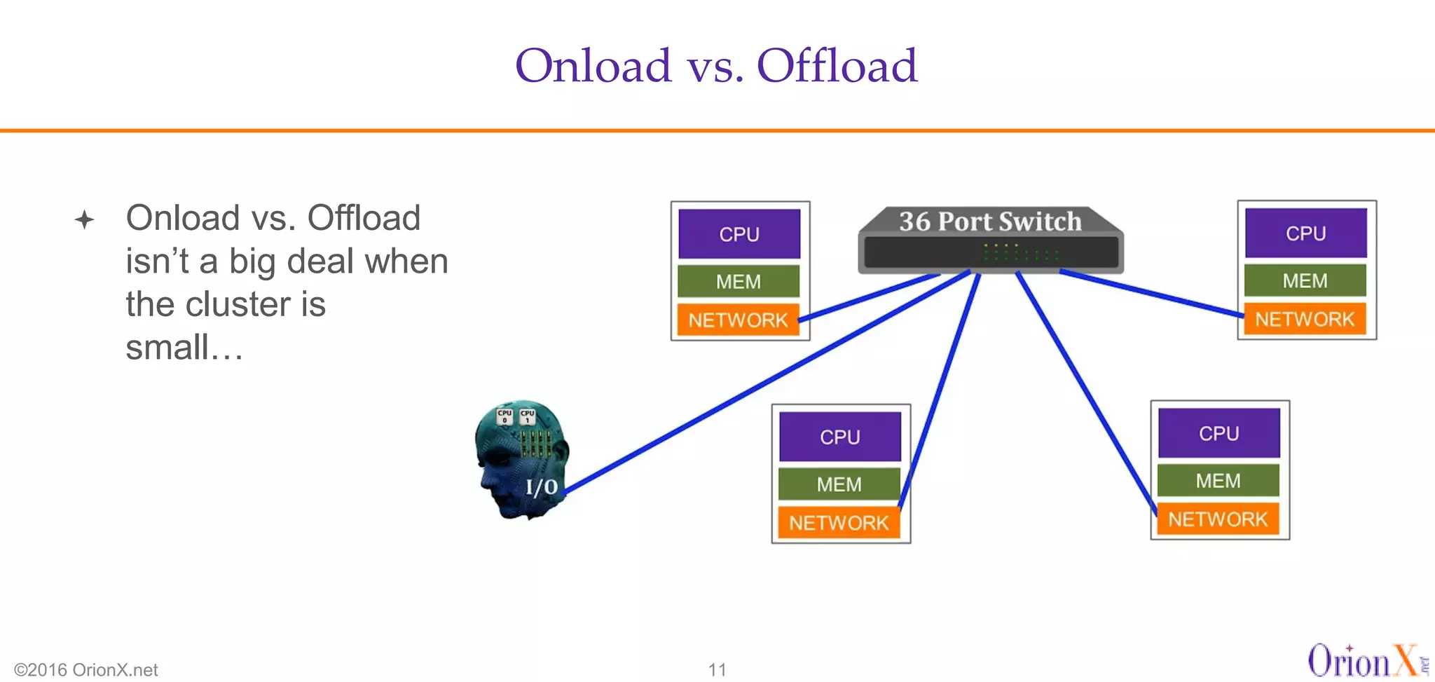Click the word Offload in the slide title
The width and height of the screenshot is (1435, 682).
tap(837, 66)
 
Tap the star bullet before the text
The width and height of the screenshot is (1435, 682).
tap(84, 220)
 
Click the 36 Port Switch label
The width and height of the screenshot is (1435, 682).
tap(990, 221)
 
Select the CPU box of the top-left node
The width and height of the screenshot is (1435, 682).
tap(739, 234)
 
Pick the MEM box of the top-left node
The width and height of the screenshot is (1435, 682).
tap(739, 282)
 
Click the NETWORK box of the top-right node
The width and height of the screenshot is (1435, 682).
tap(1305, 320)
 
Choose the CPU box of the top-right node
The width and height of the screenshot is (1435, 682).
tap(1305, 233)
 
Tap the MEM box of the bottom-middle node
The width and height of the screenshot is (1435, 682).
tap(839, 484)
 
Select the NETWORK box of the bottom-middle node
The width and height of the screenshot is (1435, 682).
tap(839, 523)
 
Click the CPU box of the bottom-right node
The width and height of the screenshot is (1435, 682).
tap(1218, 434)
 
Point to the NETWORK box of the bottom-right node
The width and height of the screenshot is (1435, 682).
tap(1218, 519)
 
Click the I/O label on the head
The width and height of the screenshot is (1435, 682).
tap(542, 487)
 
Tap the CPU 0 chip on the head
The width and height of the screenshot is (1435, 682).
tap(504, 416)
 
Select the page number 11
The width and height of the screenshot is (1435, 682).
tap(717, 669)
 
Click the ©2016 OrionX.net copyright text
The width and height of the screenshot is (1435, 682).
tap(85, 669)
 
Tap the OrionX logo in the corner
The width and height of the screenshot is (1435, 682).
tap(1363, 661)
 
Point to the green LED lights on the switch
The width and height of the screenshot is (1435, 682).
tap(1019, 252)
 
